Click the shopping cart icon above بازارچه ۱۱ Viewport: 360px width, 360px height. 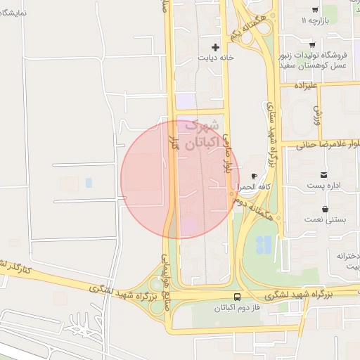click(314, 10)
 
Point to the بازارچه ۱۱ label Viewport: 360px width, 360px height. click(314, 21)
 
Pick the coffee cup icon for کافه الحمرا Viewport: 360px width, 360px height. click(254, 176)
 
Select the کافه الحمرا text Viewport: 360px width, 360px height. click(254, 188)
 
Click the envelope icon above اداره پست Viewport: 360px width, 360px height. click(323, 174)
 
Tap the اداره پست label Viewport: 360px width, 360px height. click(323, 185)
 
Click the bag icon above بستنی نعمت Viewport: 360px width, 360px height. click(325, 209)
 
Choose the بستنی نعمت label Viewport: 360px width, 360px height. click(325, 220)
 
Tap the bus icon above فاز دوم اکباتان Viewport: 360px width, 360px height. click(237, 297)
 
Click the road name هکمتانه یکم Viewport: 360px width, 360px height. click(246, 27)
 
